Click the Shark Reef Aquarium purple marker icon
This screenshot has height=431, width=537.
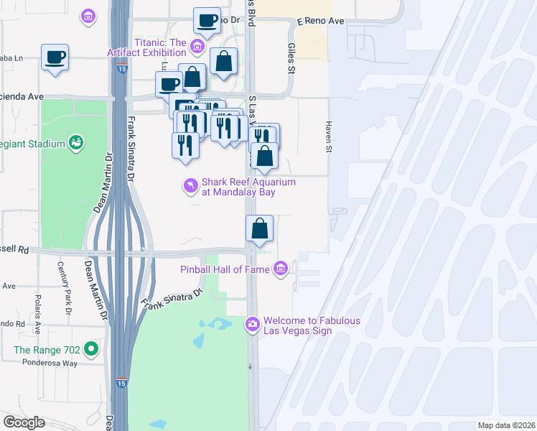(190, 187)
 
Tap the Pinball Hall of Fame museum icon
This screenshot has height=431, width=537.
(281, 269)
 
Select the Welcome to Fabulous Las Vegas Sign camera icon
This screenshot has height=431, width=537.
(252, 325)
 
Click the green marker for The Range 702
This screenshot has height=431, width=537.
(90, 350)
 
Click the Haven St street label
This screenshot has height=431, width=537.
(330, 136)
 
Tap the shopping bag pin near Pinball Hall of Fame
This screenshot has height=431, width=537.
(259, 228)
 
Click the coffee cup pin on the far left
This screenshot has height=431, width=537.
(55, 57)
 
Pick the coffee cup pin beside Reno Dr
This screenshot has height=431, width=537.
(207, 21)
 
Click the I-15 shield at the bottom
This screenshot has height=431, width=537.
(121, 383)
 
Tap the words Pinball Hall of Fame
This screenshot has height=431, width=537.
(225, 270)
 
